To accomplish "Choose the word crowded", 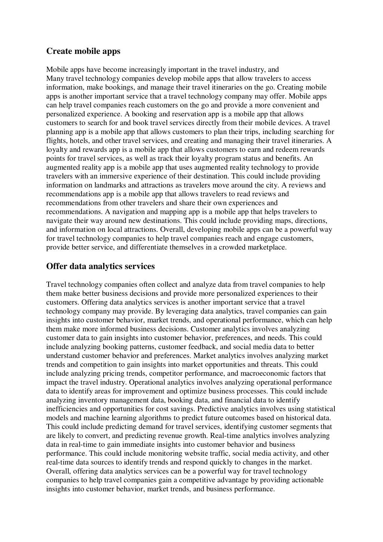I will tap(232, 247).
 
